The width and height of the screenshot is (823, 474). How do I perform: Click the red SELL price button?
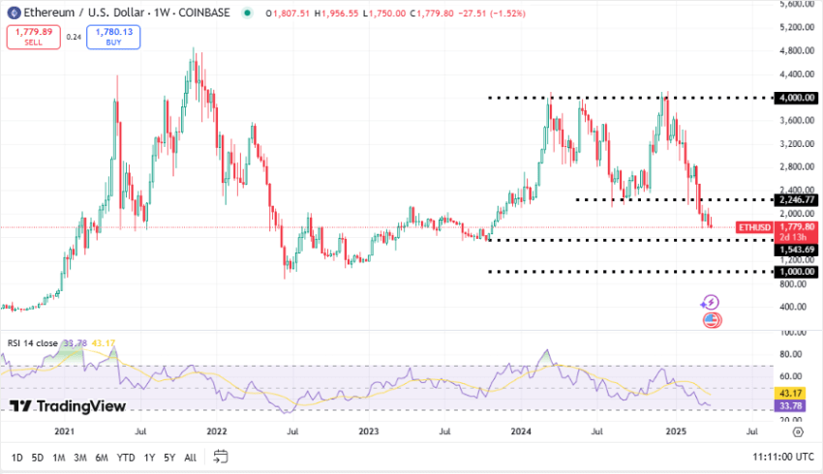click(x=34, y=38)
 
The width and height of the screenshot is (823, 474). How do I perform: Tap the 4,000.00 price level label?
click(x=797, y=98)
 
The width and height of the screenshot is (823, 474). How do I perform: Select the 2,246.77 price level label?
click(x=797, y=200)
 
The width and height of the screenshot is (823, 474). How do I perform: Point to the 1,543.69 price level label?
click(x=797, y=250)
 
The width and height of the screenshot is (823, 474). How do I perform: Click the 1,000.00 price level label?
click(x=797, y=273)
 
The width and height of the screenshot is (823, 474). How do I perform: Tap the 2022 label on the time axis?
click(x=216, y=431)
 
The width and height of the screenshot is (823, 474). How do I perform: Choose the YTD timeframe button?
click(x=126, y=457)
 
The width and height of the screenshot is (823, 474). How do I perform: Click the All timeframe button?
click(x=190, y=457)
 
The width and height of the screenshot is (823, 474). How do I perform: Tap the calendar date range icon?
click(x=221, y=457)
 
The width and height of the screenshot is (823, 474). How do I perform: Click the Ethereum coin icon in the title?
click(x=15, y=14)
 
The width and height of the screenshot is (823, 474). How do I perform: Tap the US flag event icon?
click(x=712, y=318)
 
